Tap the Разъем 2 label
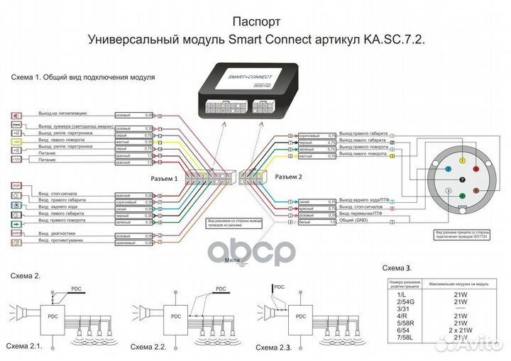288,177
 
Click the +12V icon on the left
16,160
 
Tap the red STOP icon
16,186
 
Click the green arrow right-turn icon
16,223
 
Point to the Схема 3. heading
397,267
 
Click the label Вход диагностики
60,233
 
